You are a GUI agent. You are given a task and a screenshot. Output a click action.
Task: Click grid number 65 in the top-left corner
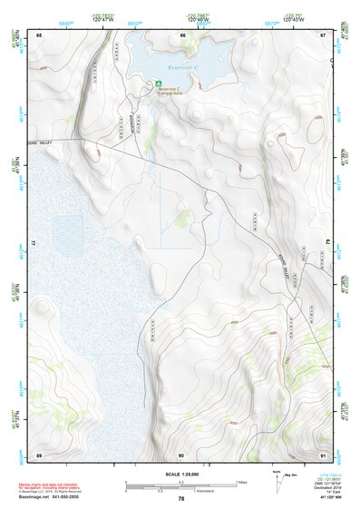pos(39,34)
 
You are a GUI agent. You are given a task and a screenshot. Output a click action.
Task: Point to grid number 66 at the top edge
pos(182,34)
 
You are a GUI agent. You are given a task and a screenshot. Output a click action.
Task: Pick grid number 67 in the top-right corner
pos(324,34)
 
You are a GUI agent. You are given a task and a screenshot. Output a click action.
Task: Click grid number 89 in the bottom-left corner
pos(39,454)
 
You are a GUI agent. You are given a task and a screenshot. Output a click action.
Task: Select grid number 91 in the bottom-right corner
pos(324,454)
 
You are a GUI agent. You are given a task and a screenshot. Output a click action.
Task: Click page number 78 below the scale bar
pos(181,498)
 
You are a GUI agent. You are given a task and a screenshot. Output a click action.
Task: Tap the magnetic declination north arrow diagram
pos(278,479)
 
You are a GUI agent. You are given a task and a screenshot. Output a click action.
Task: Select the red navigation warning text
pos(46,485)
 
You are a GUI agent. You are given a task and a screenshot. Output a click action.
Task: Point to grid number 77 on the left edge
pos(33,243)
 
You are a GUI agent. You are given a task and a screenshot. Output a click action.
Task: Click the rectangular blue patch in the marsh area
pos(67,230)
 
